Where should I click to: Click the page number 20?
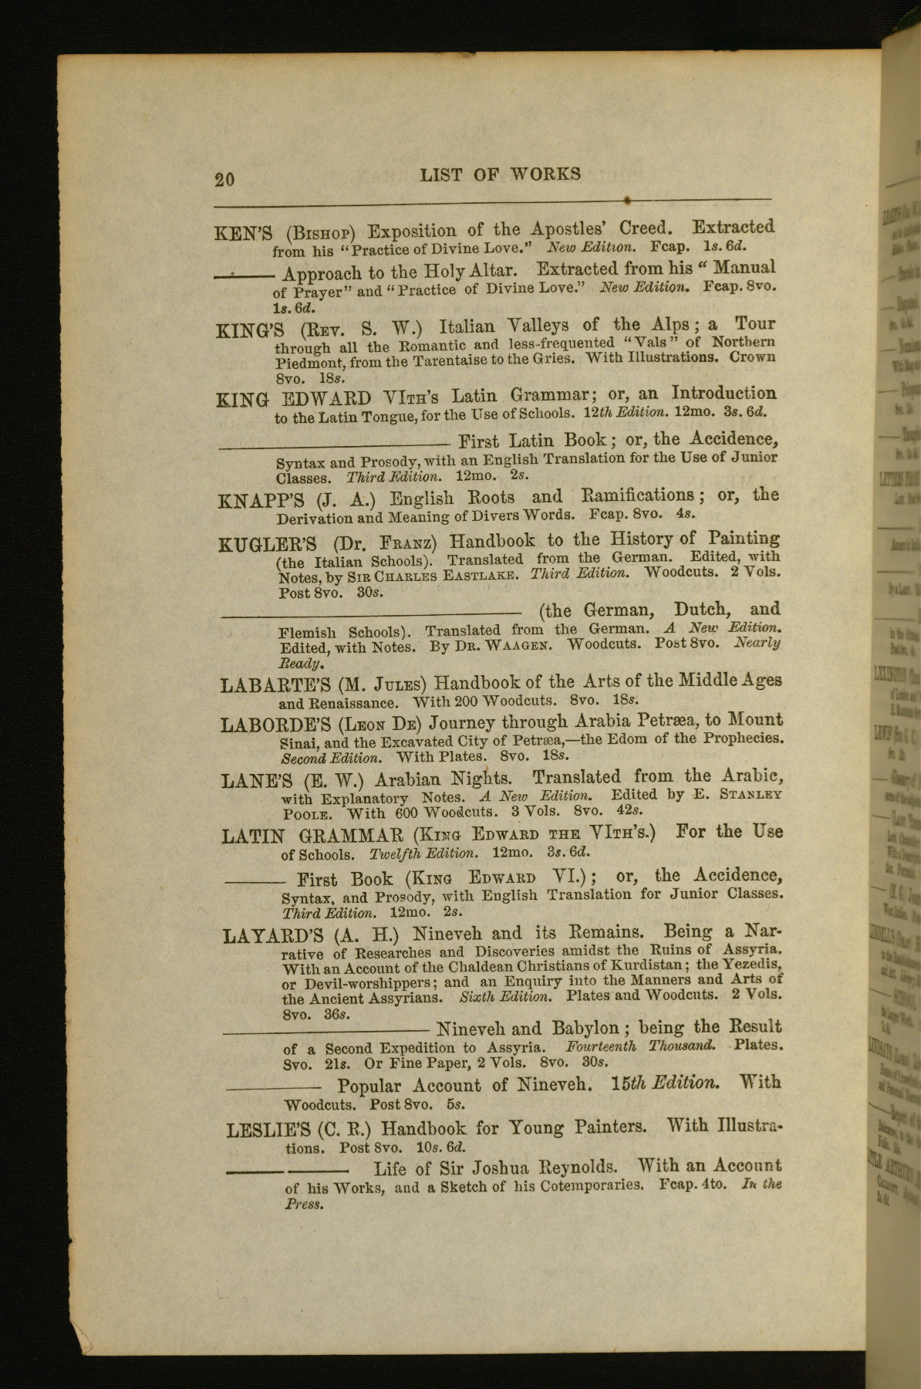coord(224,179)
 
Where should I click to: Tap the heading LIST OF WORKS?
coord(501,174)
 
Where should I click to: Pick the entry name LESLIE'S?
coord(268,1130)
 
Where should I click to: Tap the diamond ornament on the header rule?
coord(629,201)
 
